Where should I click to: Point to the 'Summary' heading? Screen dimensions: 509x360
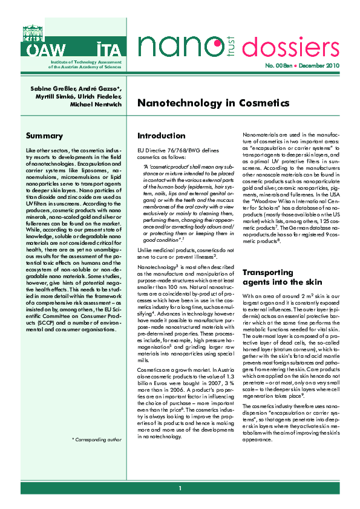pos(44,136)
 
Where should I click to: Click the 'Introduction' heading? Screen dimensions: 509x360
pos(161,136)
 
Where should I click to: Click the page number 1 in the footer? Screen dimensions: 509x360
pos(180,488)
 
